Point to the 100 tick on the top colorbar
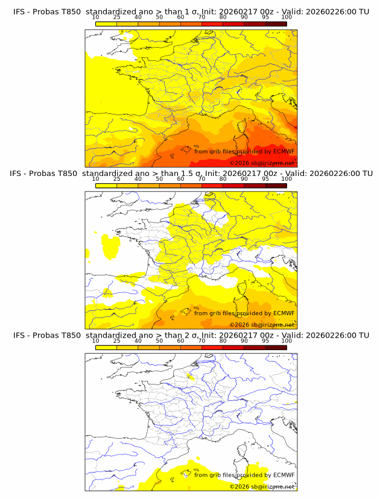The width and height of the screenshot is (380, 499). coord(287,17)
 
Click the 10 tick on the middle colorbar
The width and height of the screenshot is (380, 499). coord(95,179)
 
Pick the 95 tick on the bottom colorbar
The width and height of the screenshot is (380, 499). coord(265,341)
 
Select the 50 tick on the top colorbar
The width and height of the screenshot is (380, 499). coord(159,17)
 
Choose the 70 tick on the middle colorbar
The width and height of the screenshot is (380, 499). coord(201,179)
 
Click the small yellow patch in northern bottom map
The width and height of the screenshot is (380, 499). coord(191,378)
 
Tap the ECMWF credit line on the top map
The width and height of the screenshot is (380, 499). coord(244,151)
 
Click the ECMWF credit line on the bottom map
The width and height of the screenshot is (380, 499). coord(244,475)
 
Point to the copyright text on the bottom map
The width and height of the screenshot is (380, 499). coord(262,486)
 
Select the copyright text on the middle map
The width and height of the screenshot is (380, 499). coord(262,325)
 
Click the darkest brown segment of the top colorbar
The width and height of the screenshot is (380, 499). coord(276,23)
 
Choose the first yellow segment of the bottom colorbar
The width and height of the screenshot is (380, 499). coord(106,347)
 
